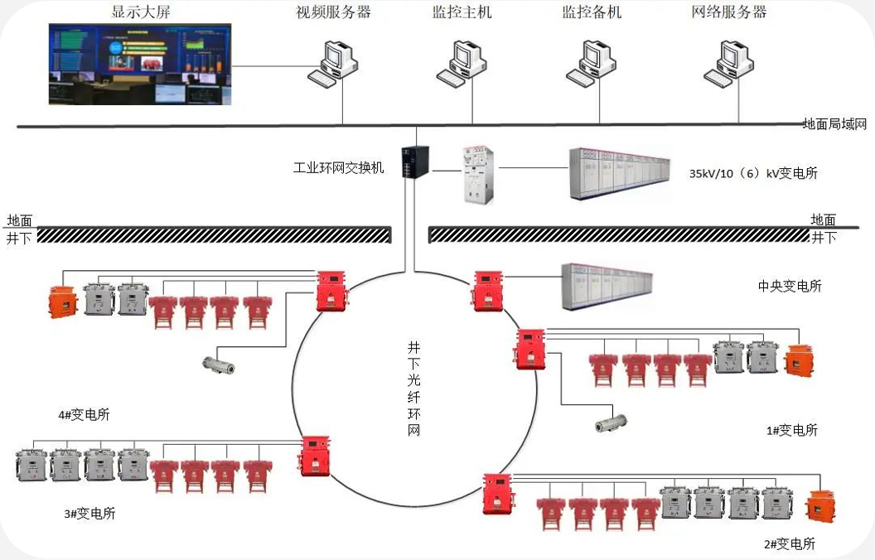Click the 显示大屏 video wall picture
click(140, 64)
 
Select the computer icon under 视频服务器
click(332, 64)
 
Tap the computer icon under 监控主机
click(462, 64)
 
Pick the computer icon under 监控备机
click(591, 64)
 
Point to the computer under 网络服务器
click(729, 64)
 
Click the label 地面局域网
click(834, 123)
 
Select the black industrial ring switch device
click(415, 162)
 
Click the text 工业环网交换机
click(339, 167)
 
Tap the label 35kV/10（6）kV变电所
click(753, 173)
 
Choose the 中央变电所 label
click(790, 286)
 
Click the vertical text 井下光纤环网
click(413, 389)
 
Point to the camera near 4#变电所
click(218, 365)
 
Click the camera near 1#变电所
click(611, 423)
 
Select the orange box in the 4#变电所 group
click(63, 302)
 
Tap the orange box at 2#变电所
click(820, 506)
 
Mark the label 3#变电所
click(89, 513)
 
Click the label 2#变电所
click(790, 543)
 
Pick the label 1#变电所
click(792, 430)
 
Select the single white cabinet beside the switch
click(478, 175)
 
